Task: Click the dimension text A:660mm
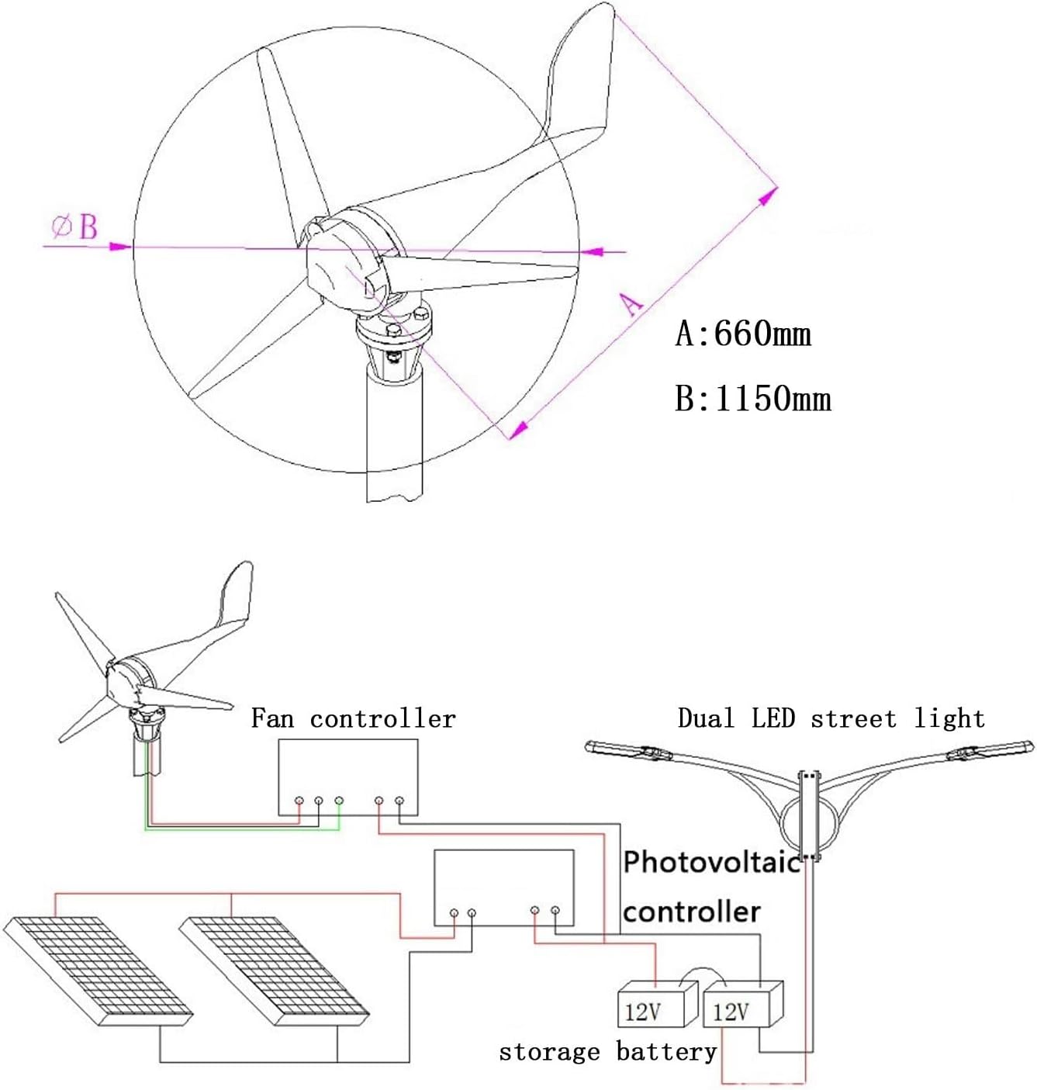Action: [x=743, y=334]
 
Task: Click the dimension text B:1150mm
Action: [x=753, y=399]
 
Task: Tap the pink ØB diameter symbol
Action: [x=75, y=227]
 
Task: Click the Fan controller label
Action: [x=353, y=718]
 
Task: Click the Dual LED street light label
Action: [x=831, y=718]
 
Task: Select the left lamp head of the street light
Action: [x=620, y=749]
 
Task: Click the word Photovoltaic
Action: [x=711, y=862]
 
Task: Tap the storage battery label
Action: [x=607, y=1052]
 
